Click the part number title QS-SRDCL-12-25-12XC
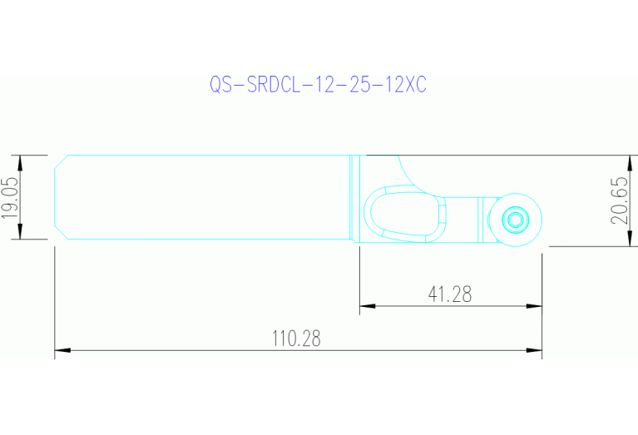point(317,86)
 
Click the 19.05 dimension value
point(10,198)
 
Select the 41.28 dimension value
point(450,294)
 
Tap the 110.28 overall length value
point(296,339)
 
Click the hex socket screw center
point(516,220)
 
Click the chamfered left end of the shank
point(60,198)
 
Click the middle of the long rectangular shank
point(208,198)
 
